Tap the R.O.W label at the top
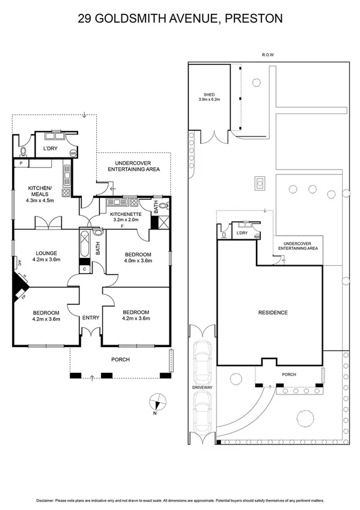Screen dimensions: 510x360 click(x=267, y=55)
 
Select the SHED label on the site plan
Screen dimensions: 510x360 click(x=209, y=95)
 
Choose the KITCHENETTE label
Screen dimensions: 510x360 click(x=126, y=214)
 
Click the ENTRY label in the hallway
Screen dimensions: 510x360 click(x=91, y=317)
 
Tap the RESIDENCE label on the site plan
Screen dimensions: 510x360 click(x=273, y=312)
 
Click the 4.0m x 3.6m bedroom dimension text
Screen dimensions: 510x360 click(x=138, y=261)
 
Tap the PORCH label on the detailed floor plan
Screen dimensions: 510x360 click(x=121, y=360)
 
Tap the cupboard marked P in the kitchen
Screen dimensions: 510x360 click(x=20, y=163)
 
